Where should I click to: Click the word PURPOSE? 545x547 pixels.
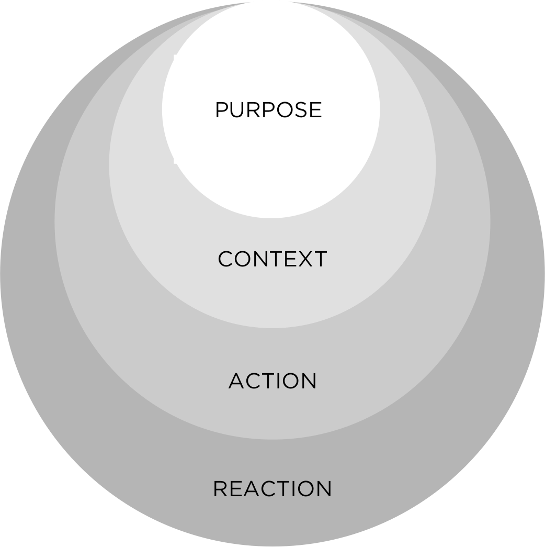coord(268,110)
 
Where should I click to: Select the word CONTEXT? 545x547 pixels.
coord(272,259)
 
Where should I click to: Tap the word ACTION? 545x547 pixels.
coord(272,381)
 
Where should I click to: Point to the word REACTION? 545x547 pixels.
coord(272,489)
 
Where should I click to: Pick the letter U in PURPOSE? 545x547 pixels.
coord(238,110)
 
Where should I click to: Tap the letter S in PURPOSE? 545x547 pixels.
coord(300,110)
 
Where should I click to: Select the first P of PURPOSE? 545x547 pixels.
coord(222,110)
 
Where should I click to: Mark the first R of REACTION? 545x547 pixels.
coord(220,489)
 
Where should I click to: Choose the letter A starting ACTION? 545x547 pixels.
coord(236,381)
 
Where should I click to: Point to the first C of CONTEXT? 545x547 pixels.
coord(225,259)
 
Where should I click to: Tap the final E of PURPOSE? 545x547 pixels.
coord(315,110)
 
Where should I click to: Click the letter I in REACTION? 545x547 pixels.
coord(289,489)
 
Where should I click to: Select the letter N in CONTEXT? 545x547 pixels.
coord(257,259)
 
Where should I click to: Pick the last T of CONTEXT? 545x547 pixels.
coord(320,259)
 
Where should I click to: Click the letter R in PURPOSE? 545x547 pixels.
coord(254,110)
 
